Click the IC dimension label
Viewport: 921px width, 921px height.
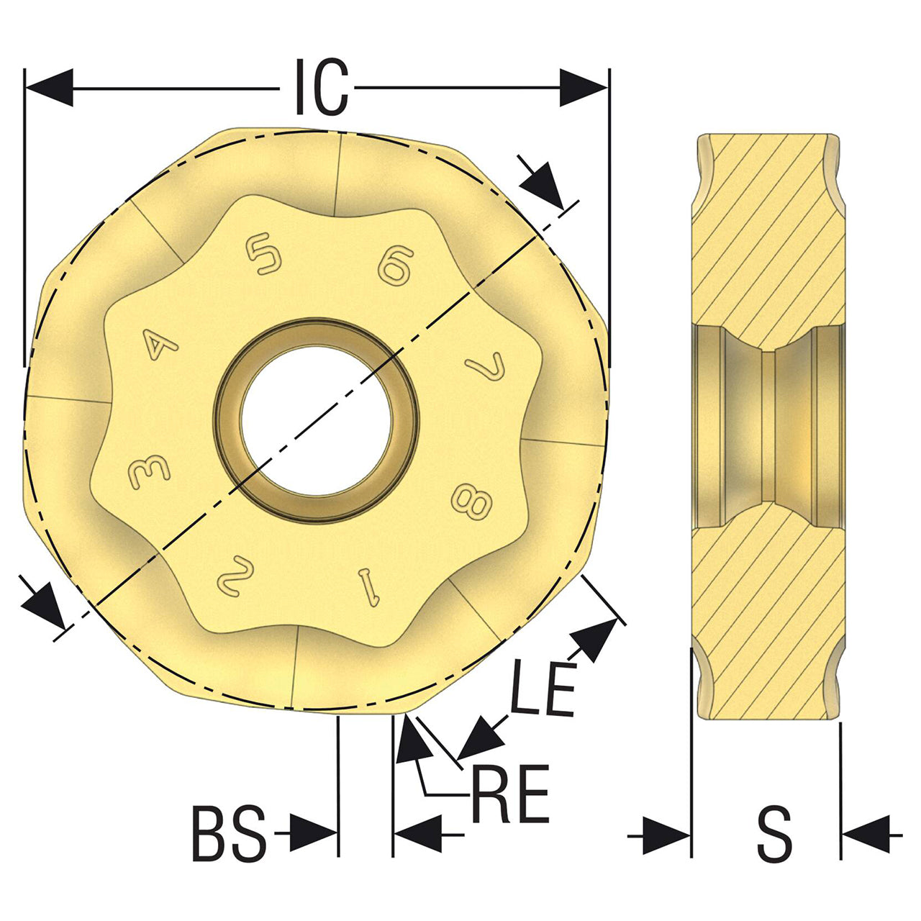pyautogui.click(x=321, y=87)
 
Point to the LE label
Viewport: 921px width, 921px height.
pyautogui.click(x=543, y=688)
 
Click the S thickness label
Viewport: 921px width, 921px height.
pyautogui.click(x=774, y=848)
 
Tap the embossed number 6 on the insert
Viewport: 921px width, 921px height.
pyautogui.click(x=396, y=266)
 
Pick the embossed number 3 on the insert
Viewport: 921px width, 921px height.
pyautogui.click(x=149, y=471)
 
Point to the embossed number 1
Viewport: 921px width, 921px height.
pyautogui.click(x=371, y=587)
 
